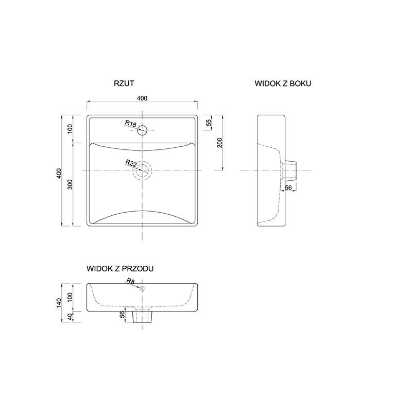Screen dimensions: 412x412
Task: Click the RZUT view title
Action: [x=124, y=83]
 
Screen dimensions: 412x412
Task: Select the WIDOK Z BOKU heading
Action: [x=283, y=83]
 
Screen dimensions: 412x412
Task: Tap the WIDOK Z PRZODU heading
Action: [x=120, y=268]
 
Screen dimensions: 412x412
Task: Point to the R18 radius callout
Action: [x=131, y=124]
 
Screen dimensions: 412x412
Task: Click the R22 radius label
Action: [x=131, y=163]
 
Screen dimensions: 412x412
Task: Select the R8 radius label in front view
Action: [x=131, y=281]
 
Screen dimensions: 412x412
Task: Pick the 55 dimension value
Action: [x=209, y=123]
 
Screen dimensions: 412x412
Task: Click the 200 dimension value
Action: [x=220, y=143]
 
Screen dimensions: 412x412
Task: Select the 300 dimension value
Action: [x=70, y=184]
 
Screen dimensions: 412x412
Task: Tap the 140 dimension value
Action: [x=59, y=303]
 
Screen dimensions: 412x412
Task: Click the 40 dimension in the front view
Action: [x=70, y=317]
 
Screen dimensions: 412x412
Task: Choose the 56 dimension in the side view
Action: [x=288, y=187]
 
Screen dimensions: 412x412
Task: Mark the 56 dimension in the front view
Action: [x=123, y=314]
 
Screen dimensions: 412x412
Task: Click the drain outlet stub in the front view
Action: [x=142, y=317]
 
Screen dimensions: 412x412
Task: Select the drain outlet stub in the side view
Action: [x=291, y=170]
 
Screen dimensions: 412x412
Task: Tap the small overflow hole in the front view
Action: [x=142, y=289]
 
